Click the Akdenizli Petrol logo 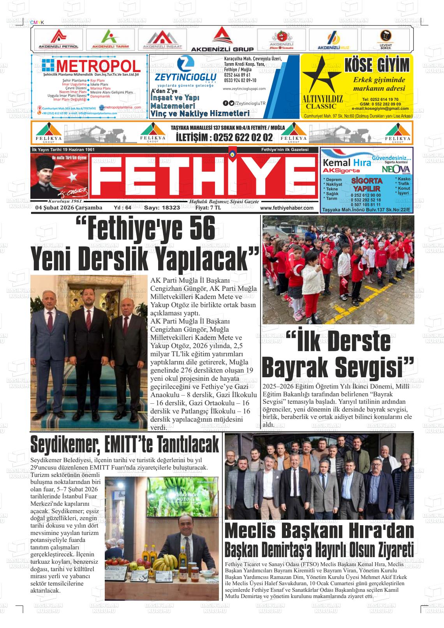tap(58, 39)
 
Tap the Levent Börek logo tap(386, 39)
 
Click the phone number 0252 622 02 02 tap(224, 137)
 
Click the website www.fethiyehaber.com tap(287, 208)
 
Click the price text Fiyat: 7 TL tap(208, 208)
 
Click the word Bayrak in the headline tap(295, 366)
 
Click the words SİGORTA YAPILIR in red tap(366, 185)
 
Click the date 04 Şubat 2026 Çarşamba tap(69, 208)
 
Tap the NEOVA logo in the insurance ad tap(396, 170)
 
